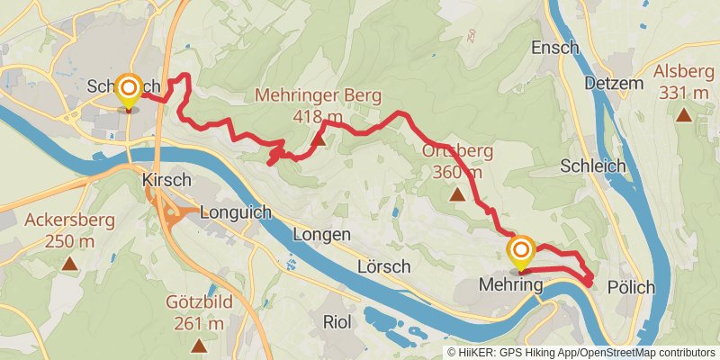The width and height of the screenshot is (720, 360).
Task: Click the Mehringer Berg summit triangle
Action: [318, 139]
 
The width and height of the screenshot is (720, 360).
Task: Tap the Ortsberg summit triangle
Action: [457, 193]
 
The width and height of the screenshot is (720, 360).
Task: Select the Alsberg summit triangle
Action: [685, 114]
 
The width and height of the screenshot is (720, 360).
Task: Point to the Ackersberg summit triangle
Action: [69, 264]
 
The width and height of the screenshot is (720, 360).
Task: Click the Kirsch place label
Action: [166, 180]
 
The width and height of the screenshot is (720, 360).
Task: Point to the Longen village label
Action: [321, 235]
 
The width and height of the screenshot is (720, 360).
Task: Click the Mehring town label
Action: [512, 286]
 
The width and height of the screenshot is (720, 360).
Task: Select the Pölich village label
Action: [631, 287]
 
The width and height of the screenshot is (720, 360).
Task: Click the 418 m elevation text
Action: [318, 115]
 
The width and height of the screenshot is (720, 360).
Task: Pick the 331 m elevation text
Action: [685, 93]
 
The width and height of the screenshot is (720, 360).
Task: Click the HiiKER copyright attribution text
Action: [581, 353]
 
